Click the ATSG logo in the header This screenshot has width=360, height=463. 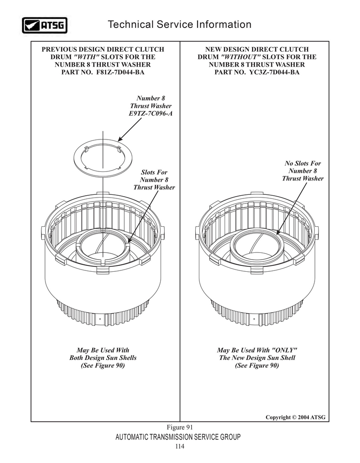click(45, 25)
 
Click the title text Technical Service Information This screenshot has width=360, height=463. click(180, 24)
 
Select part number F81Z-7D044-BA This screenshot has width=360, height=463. click(121, 72)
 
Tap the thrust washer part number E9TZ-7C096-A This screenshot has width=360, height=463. click(151, 113)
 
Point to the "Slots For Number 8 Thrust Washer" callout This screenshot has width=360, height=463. click(154, 180)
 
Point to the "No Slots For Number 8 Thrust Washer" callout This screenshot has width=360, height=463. click(303, 171)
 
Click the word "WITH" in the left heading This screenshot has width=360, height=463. click(86, 57)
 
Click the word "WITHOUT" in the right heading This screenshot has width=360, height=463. click(241, 57)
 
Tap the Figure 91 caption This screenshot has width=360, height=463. click(180, 427)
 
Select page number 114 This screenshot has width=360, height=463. click(180, 446)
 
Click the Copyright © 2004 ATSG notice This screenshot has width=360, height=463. click(295, 417)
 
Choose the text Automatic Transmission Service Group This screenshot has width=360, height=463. click(178, 437)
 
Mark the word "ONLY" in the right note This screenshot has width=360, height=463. click(284, 350)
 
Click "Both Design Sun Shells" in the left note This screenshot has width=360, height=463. click(103, 358)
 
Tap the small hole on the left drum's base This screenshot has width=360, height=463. click(100, 319)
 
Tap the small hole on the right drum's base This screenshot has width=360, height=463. click(254, 319)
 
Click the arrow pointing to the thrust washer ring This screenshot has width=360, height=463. click(130, 130)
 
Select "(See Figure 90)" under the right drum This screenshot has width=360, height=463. click(257, 365)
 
